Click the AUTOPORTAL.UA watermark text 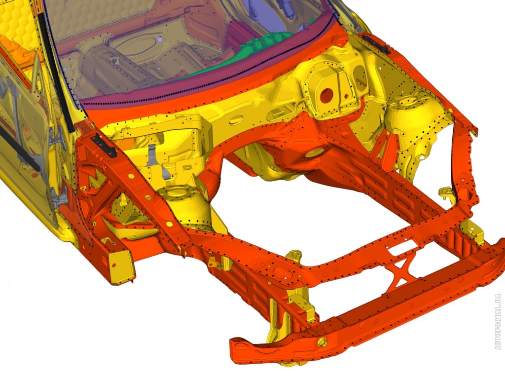coord(498,322)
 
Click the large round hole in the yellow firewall coord(326,95)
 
